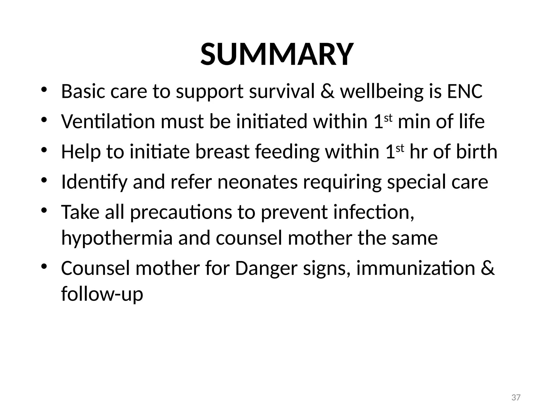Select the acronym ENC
(x=465, y=91)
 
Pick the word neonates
(x=258, y=182)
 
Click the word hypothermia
(x=117, y=238)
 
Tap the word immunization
(x=416, y=268)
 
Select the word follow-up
(x=102, y=294)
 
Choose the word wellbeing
(x=381, y=92)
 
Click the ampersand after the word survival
(x=327, y=91)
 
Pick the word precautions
(x=181, y=212)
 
